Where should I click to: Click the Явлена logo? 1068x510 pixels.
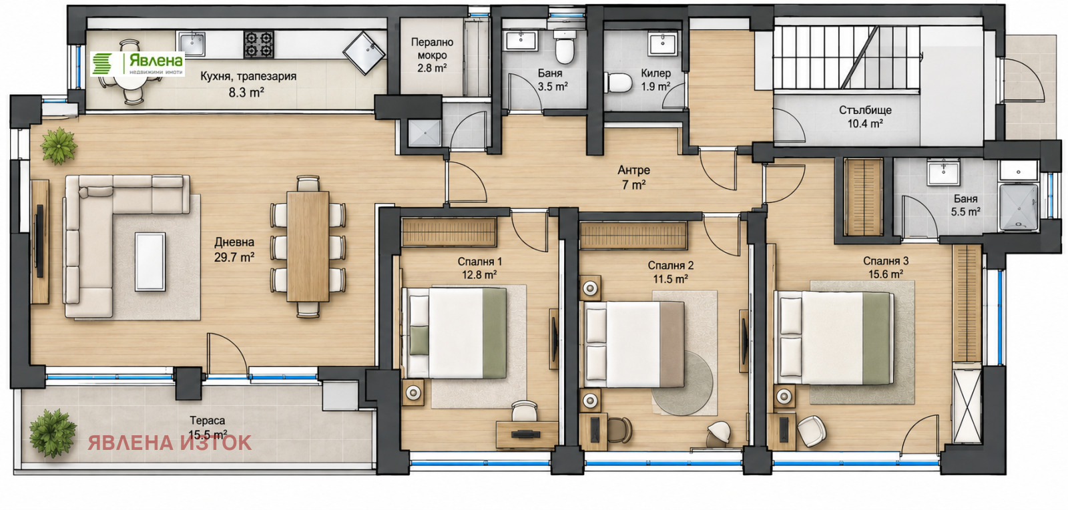138,64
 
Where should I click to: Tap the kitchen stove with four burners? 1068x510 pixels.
259,44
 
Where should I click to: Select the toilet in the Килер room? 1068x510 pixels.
618,83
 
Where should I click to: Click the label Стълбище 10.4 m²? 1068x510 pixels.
865,117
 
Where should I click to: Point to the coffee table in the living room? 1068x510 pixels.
150,261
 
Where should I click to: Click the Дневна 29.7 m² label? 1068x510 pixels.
234,250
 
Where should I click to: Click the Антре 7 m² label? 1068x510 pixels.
633,178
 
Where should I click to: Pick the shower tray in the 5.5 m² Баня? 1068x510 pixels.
1019,208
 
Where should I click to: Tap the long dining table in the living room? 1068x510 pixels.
308,246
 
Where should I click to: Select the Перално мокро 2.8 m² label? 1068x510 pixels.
432,55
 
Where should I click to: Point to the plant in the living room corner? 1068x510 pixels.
59,146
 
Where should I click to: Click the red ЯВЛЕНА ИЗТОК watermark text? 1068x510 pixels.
170,443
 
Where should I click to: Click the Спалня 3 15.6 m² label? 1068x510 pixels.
885,268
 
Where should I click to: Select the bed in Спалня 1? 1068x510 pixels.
455,332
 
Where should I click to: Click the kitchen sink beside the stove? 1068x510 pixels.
192,44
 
